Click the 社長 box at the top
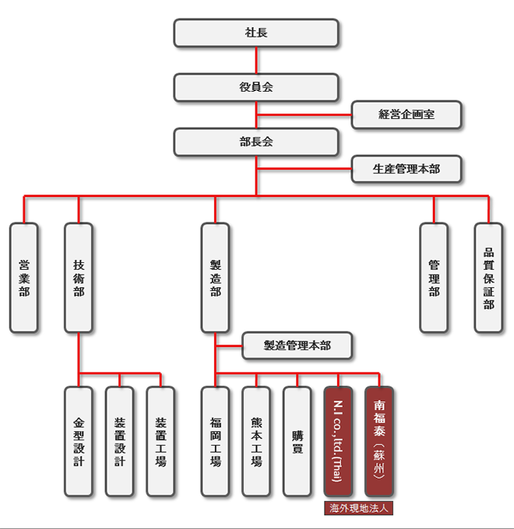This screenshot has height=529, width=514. (256, 33)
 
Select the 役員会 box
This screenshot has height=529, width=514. (256, 87)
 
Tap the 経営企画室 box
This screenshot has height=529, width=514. (407, 114)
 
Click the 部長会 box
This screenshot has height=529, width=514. (256, 142)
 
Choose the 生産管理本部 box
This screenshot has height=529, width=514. (407, 169)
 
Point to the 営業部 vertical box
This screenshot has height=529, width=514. (23, 278)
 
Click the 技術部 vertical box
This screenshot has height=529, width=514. (79, 278)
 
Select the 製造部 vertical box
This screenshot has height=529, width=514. (215, 278)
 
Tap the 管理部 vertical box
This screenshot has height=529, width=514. (434, 278)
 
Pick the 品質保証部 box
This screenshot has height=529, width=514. (488, 278)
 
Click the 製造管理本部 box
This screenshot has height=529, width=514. (297, 346)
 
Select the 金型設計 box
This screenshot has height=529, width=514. (79, 442)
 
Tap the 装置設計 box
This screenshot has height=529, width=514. (120, 442)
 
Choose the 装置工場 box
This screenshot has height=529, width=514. (160, 442)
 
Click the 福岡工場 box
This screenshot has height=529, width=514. (215, 442)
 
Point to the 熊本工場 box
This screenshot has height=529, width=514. (256, 442)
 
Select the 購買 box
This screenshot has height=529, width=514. (297, 442)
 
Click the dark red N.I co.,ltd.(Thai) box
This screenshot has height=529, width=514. (338, 442)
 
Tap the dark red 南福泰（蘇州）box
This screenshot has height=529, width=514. (379, 442)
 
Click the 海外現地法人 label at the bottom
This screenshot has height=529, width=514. (359, 508)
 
